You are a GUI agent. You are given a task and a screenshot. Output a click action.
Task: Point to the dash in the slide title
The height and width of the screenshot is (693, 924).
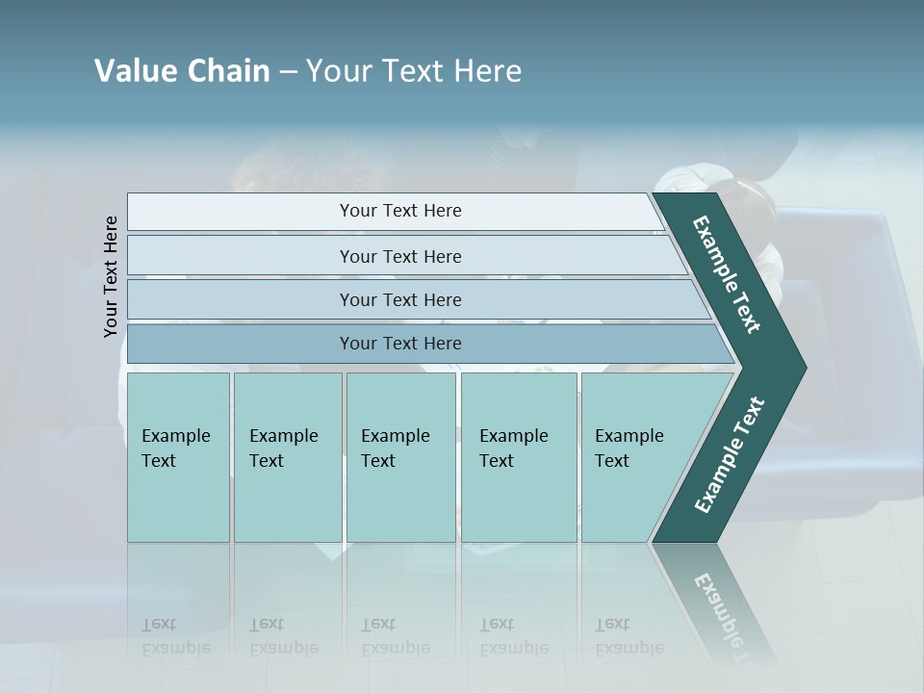pyautogui.click(x=288, y=72)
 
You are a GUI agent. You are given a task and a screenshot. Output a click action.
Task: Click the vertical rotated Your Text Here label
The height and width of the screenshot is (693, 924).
pyautogui.click(x=111, y=276)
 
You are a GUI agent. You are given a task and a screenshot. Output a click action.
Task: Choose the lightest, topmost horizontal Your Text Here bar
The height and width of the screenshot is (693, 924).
pyautogui.click(x=399, y=211)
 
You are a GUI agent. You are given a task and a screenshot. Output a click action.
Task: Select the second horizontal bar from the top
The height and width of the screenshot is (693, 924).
pyautogui.click(x=399, y=256)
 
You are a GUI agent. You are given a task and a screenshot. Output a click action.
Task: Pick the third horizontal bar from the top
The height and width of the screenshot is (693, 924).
pyautogui.click(x=399, y=299)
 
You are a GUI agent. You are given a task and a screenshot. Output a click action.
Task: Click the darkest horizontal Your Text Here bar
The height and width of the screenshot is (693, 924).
pyautogui.click(x=399, y=344)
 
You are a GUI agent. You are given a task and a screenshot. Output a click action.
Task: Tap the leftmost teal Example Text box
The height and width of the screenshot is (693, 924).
pyautogui.click(x=178, y=457)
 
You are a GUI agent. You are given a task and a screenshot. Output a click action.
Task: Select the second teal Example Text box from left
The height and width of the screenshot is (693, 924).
pyautogui.click(x=287, y=457)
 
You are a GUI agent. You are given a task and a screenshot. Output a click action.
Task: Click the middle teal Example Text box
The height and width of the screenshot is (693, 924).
pyautogui.click(x=400, y=457)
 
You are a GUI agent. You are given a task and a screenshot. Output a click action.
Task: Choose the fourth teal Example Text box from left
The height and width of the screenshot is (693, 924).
pyautogui.click(x=518, y=457)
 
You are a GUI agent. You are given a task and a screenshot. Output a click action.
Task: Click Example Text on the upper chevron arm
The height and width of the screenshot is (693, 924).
pyautogui.click(x=727, y=274)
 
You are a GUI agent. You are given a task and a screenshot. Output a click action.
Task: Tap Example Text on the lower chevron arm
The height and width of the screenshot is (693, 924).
pyautogui.click(x=730, y=454)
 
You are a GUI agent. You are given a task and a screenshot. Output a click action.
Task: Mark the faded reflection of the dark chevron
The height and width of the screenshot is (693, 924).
pyautogui.click(x=717, y=606)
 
